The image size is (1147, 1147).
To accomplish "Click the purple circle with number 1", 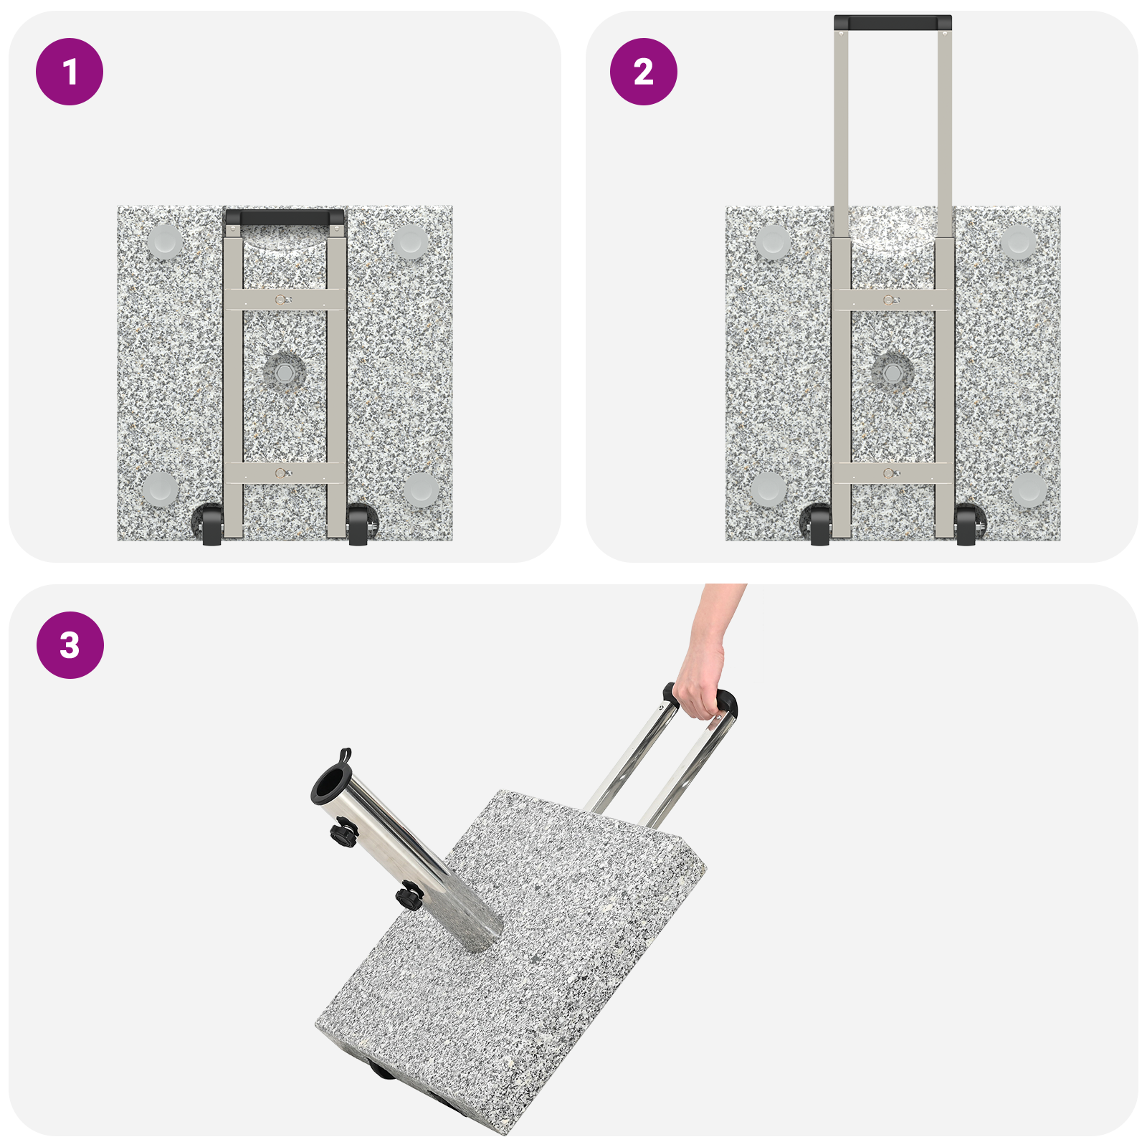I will [70, 72].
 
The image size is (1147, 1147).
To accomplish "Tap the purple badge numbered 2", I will [643, 72].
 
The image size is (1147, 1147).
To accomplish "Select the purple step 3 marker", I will [70, 645].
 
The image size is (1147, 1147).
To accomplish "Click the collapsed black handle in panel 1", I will [285, 217].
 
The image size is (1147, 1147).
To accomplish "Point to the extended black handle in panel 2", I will [893, 23].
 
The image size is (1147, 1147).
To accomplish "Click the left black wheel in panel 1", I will [211, 525].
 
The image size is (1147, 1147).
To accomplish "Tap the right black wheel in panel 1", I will [358, 525].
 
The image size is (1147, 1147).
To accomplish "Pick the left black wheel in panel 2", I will [819, 525].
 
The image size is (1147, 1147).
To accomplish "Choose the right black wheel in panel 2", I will [966, 525].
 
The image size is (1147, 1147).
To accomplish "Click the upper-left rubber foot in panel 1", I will [165, 242].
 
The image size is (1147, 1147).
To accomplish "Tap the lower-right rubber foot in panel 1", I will [420, 490].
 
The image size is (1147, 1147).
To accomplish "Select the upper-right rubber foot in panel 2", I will [1018, 242].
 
